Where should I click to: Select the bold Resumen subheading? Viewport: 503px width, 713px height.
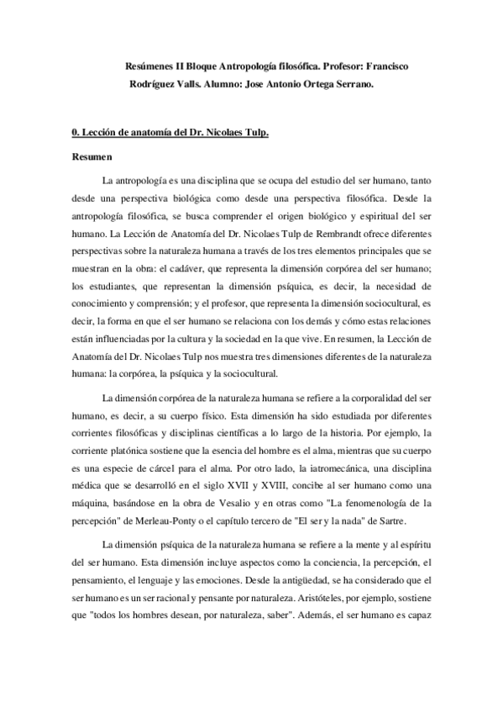(91, 156)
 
